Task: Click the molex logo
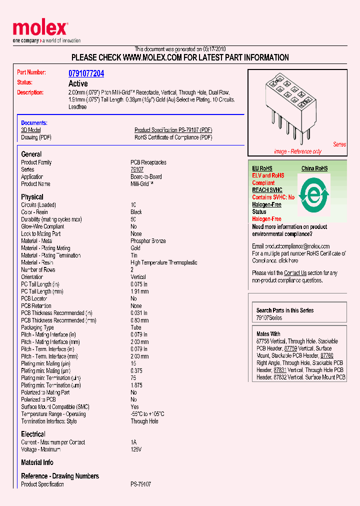coord(40,29)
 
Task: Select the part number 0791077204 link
coord(86,73)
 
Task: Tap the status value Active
coord(77,83)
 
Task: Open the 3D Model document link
coord(30,130)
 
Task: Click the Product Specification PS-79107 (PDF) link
coord(173,130)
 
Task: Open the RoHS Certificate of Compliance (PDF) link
coord(173,137)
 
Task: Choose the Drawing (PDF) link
coord(36,137)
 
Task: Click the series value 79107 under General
coord(136,170)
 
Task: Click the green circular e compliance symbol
coord(313,193)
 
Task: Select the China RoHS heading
coord(314,168)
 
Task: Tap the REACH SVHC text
coord(267,190)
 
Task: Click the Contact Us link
coord(295,273)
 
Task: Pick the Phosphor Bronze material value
coord(148,241)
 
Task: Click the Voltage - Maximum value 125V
coord(136,449)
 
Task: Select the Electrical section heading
coord(33,434)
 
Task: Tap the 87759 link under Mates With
coord(290,348)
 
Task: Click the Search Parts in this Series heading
coord(285,310)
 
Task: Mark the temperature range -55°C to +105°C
coord(147,414)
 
